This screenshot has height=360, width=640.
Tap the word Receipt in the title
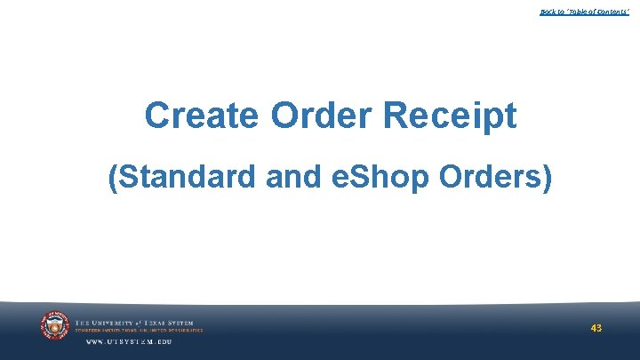[456, 116]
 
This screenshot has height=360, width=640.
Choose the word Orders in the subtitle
[492, 178]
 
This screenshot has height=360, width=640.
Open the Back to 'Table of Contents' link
[584, 12]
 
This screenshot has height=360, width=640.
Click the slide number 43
[596, 328]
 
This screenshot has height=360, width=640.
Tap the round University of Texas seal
[54, 326]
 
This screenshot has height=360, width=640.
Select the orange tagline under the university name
[139, 331]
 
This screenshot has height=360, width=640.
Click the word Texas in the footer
[158, 323]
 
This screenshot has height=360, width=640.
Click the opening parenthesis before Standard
[112, 178]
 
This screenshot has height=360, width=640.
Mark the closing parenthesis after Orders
[547, 178]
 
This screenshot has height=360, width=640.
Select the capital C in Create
[157, 116]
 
